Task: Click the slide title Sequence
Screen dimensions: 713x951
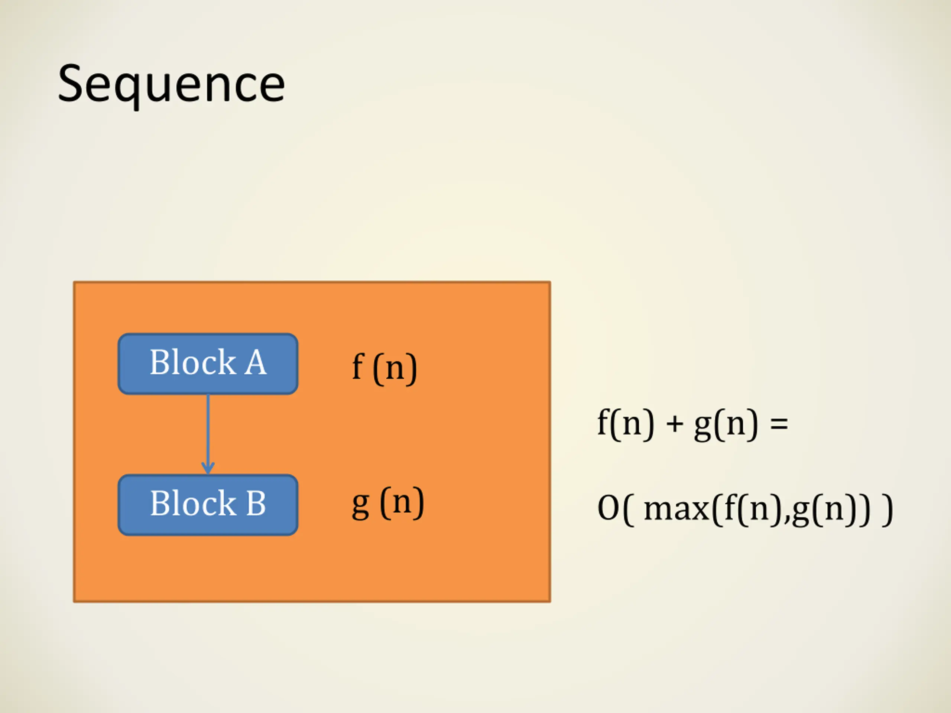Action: click(x=171, y=84)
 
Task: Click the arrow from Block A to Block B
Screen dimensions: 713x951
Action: click(x=208, y=430)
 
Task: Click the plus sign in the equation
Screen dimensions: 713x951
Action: click(x=675, y=424)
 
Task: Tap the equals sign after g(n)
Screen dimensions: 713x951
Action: click(x=779, y=424)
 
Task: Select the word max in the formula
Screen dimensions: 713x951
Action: click(x=676, y=509)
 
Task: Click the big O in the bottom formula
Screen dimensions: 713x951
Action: click(x=608, y=508)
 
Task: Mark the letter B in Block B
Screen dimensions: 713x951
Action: click(x=256, y=503)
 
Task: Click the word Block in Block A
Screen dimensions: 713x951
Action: click(x=192, y=362)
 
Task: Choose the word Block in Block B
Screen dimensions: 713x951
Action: click(x=192, y=503)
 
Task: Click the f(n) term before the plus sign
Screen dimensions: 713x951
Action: click(x=626, y=424)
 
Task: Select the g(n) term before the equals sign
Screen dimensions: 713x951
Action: click(x=726, y=424)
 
